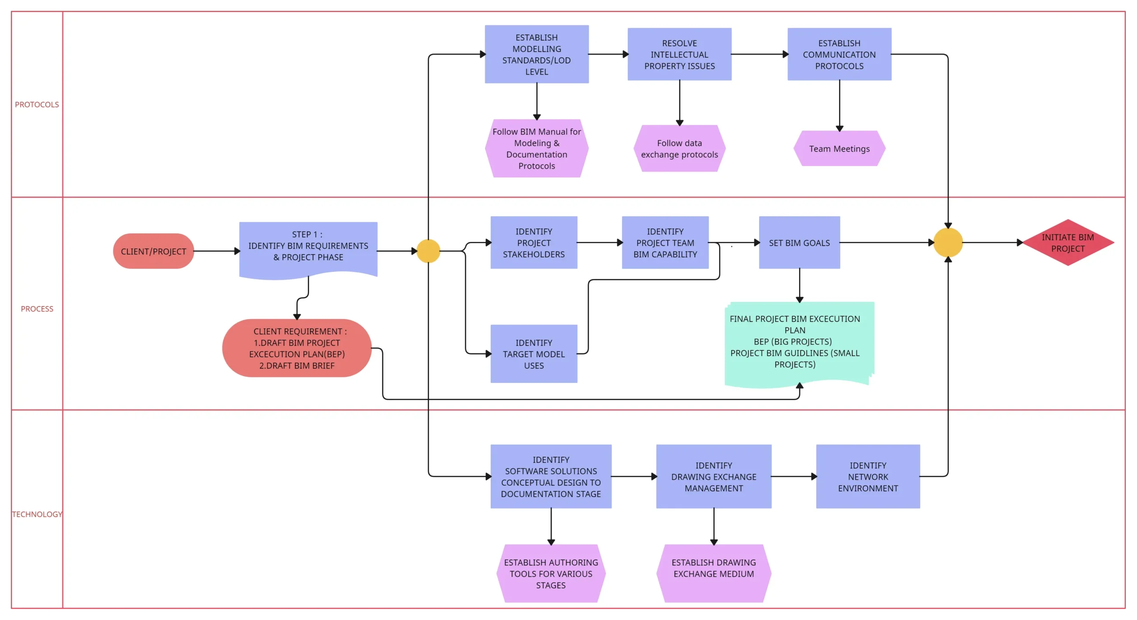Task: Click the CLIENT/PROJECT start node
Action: pos(153,251)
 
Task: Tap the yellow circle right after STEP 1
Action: pos(428,251)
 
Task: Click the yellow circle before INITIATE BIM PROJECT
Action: pos(948,243)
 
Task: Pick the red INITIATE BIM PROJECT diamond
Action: pos(1068,243)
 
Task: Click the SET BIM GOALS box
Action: pos(799,243)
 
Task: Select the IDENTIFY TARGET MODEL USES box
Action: pos(533,354)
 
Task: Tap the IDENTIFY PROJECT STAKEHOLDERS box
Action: pos(533,243)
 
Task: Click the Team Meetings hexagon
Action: pos(839,149)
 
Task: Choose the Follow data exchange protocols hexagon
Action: pos(679,149)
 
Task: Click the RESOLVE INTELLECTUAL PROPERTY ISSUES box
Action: pos(679,54)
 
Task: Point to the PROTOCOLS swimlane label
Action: pos(37,105)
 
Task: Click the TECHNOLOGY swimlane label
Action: pos(37,514)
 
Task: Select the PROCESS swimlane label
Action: pos(37,309)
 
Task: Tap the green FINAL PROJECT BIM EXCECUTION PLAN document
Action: pos(795,342)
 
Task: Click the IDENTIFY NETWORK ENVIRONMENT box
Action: pos(867,477)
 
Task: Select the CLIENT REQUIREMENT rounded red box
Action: pos(297,348)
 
